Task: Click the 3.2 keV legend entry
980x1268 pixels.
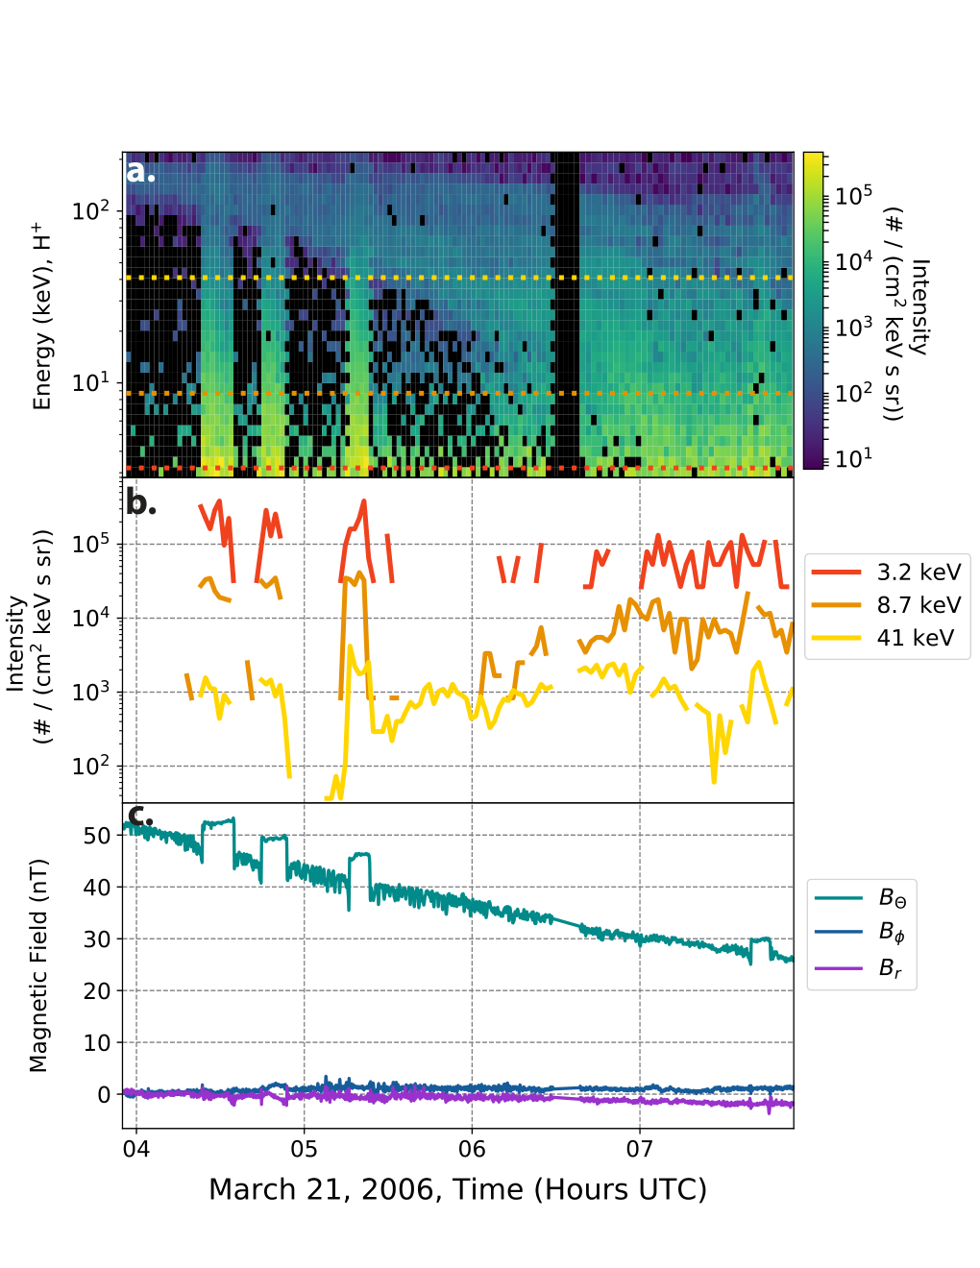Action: [x=886, y=572]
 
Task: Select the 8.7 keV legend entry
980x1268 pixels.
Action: [x=886, y=604]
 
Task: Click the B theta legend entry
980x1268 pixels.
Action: [x=860, y=898]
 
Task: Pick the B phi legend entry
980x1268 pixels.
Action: [x=860, y=931]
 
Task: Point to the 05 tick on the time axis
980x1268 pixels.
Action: [x=305, y=1149]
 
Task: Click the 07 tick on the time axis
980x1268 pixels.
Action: [x=640, y=1149]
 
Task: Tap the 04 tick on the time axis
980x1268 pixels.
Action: [x=136, y=1149]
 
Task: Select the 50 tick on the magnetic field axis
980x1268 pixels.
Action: [x=96, y=836]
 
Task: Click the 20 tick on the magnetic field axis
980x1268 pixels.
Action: [x=96, y=990]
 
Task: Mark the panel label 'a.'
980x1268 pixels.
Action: [x=140, y=170]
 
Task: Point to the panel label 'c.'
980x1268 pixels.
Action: [x=140, y=816]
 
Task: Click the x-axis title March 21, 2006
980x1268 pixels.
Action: [x=457, y=1190]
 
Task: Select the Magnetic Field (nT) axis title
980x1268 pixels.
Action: [x=38, y=965]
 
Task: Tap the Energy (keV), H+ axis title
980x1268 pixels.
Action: [x=42, y=315]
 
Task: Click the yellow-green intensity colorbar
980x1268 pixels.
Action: [x=813, y=310]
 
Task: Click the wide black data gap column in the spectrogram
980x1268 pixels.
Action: [x=566, y=314]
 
